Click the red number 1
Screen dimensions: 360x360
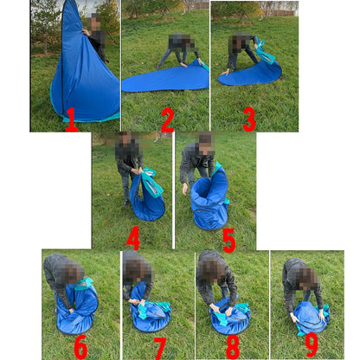(72, 119)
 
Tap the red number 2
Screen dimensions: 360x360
(168, 119)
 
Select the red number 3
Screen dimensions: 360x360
(249, 119)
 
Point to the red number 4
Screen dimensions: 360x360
(133, 238)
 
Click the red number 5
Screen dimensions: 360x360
(229, 241)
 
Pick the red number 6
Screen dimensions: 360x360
(80, 348)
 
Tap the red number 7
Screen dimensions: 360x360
(159, 349)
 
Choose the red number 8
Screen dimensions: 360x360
(233, 348)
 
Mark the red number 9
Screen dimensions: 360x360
(312, 345)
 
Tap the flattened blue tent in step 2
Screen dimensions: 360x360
(167, 79)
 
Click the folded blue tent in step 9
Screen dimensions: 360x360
(311, 318)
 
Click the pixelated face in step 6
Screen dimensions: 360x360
(72, 273)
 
